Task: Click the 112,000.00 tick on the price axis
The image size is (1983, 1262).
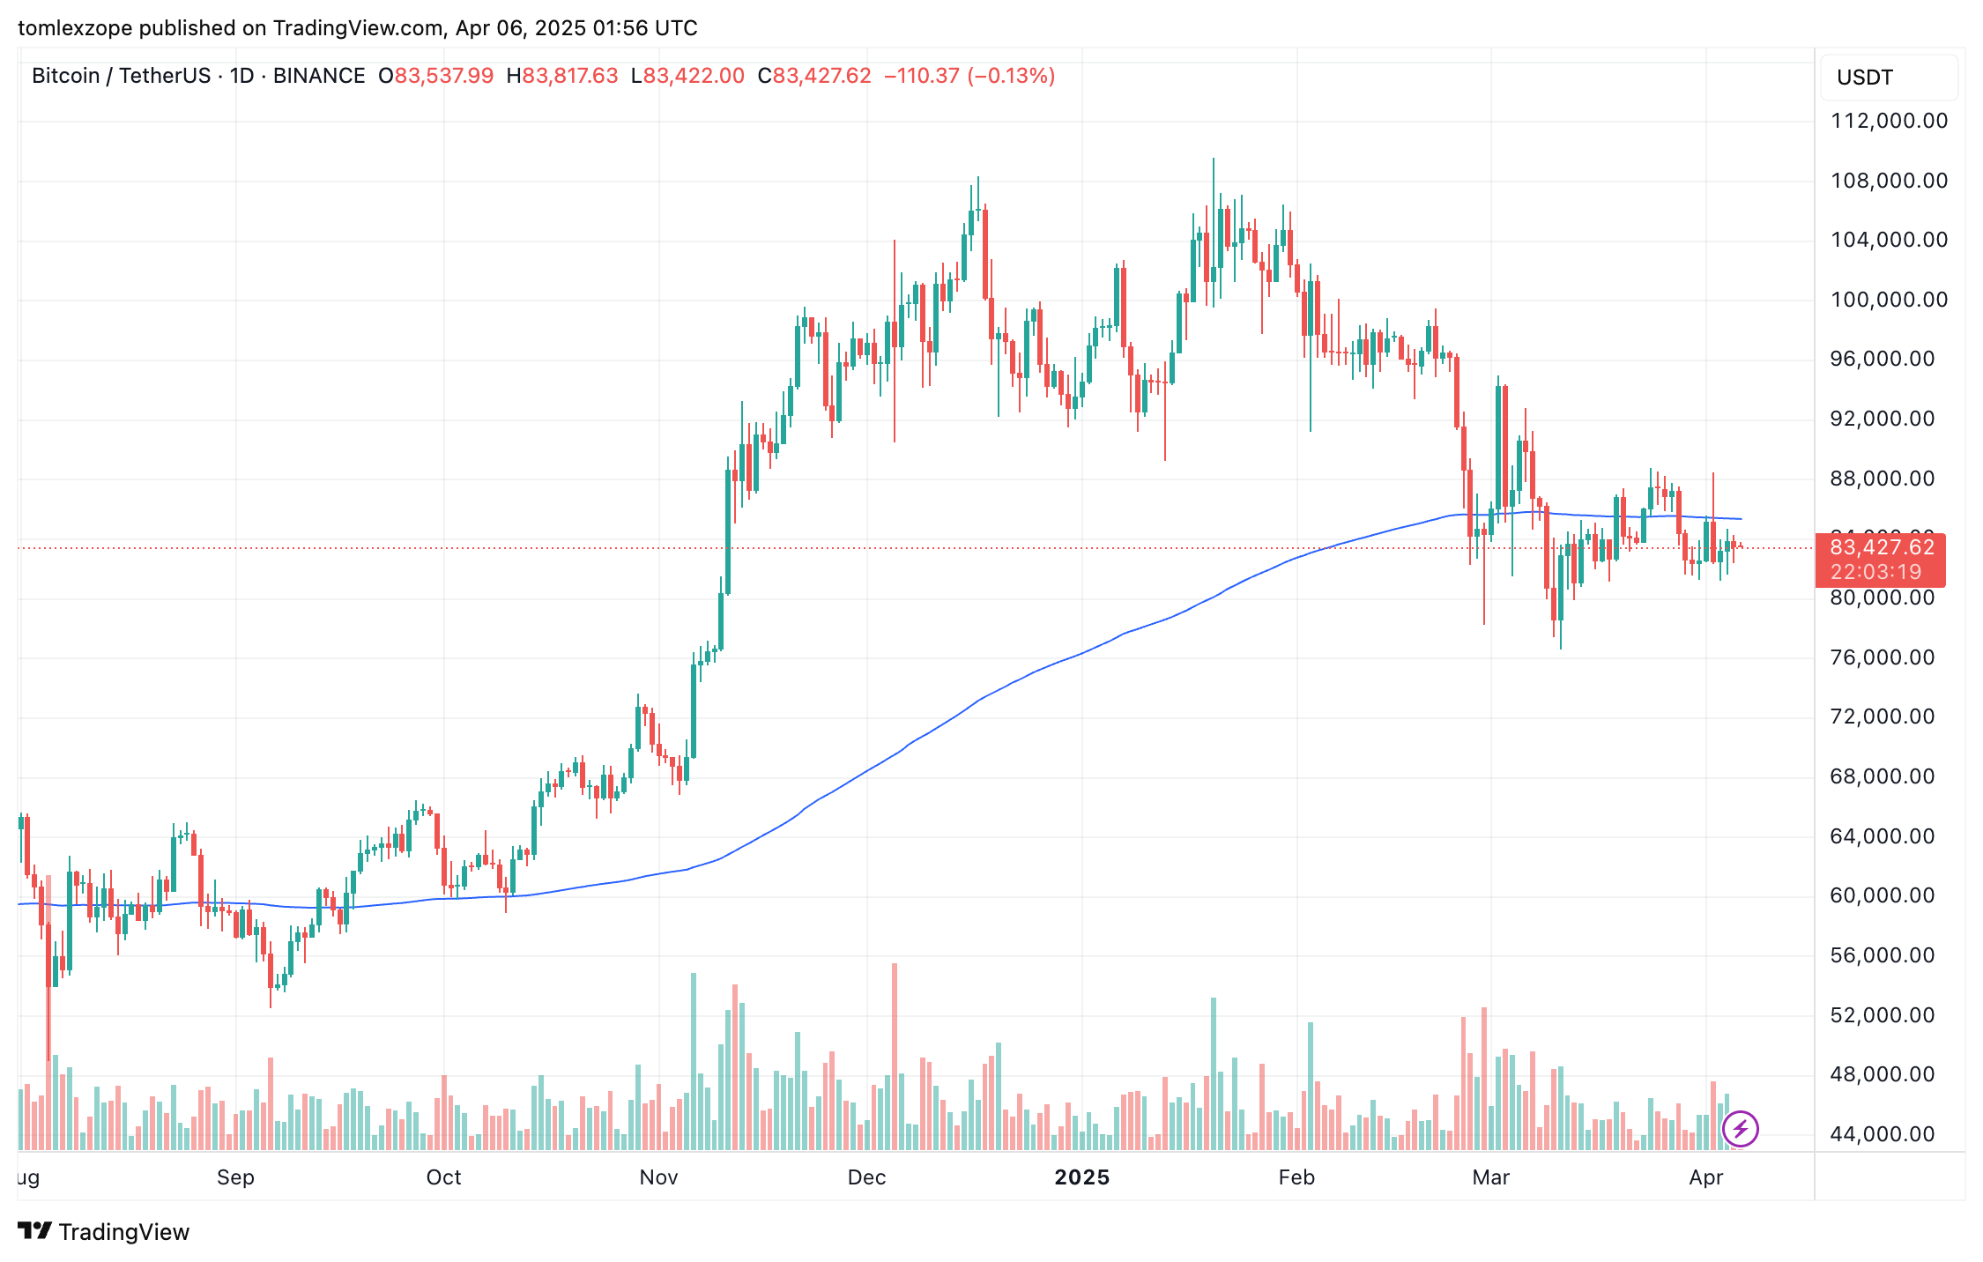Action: tap(1889, 121)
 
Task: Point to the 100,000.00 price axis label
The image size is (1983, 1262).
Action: tap(1889, 300)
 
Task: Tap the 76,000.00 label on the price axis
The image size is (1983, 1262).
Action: tap(1882, 657)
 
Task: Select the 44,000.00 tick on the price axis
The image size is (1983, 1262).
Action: tap(1882, 1134)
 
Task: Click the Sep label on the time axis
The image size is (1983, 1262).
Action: tap(235, 1177)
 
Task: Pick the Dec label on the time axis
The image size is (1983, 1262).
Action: tap(866, 1177)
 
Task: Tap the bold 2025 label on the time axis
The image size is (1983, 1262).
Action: tap(1081, 1177)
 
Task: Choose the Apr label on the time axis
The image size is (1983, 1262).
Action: tap(1705, 1177)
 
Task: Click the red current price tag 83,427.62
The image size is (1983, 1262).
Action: tap(1882, 547)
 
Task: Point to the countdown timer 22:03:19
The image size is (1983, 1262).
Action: tap(1875, 572)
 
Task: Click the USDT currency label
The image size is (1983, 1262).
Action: tap(1864, 78)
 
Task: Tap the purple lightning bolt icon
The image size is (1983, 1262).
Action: tap(1740, 1129)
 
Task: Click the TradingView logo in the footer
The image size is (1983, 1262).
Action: tap(104, 1232)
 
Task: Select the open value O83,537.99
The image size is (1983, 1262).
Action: tap(436, 76)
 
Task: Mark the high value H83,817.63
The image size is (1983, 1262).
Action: tap(562, 76)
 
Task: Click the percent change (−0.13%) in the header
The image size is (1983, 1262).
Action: tap(1011, 76)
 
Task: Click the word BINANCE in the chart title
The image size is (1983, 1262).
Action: tap(319, 76)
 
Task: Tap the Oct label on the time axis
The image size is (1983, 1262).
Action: tap(443, 1177)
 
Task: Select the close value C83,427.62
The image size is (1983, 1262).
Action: tap(814, 76)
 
